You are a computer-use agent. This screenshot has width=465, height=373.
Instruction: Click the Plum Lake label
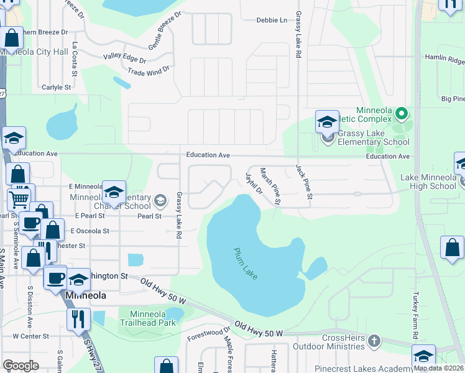tap(246, 264)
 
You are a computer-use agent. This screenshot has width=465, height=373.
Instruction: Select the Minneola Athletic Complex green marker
tap(401, 114)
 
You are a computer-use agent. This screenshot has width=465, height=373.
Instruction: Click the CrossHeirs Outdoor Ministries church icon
tap(374, 341)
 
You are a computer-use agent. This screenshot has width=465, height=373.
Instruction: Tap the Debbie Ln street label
tap(272, 21)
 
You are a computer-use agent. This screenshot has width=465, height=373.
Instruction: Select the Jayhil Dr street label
tap(254, 183)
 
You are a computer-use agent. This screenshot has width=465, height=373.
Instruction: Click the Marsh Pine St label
tap(270, 186)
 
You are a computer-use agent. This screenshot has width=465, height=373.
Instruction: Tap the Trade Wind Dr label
tap(149, 71)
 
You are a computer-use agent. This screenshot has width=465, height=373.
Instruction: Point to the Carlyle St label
tap(56, 88)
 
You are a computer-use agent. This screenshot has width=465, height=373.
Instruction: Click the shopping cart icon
tap(19, 200)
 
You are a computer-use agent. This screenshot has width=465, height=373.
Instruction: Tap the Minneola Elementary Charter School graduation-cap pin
tap(114, 194)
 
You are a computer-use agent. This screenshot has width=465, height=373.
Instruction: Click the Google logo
tap(21, 365)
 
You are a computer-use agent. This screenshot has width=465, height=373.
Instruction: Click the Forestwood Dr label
tap(208, 333)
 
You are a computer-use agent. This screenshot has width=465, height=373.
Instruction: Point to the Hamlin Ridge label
tap(444, 61)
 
